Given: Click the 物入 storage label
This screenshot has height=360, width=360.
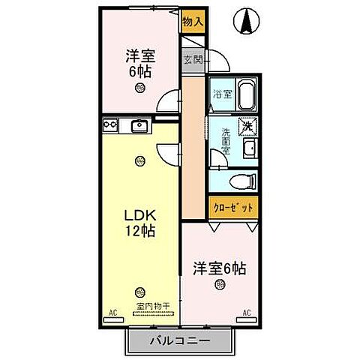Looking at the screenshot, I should pos(193,22).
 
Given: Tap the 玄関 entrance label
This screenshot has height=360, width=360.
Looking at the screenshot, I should pos(193,61).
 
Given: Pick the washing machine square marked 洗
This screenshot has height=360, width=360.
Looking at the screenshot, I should pos(247,127).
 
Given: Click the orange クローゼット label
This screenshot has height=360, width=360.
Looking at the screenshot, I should pos(233,207).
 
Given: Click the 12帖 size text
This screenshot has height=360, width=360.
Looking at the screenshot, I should pos(139,232).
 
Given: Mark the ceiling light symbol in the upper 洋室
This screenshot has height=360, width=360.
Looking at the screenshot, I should pos(139,88).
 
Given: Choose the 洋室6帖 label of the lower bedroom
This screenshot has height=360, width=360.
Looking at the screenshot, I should pos(219,266).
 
